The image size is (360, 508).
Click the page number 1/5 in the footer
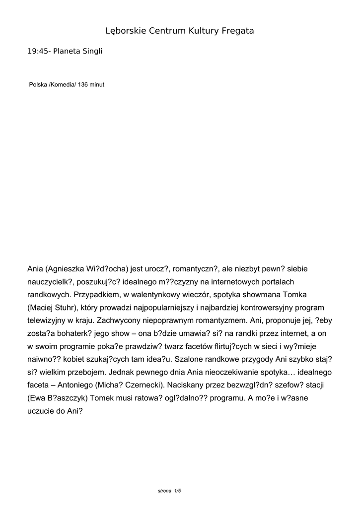click(x=177, y=491)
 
